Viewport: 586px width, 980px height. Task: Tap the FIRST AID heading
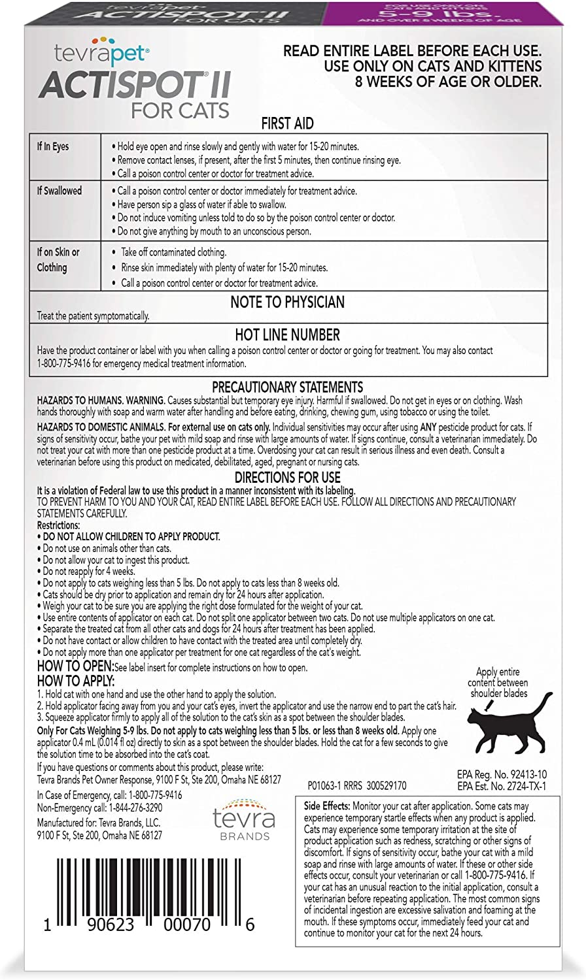coord(287,124)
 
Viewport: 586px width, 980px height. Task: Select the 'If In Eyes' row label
coord(53,146)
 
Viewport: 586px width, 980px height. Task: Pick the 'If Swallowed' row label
coord(60,191)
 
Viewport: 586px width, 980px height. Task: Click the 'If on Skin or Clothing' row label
coord(58,259)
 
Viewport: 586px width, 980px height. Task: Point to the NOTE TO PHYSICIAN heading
coord(287,302)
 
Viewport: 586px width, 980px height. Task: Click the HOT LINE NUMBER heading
coord(287,335)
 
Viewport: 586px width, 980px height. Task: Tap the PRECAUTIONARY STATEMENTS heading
coord(287,387)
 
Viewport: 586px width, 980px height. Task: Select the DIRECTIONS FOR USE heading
coord(287,478)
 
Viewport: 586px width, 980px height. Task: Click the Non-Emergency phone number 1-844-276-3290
coord(148,808)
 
